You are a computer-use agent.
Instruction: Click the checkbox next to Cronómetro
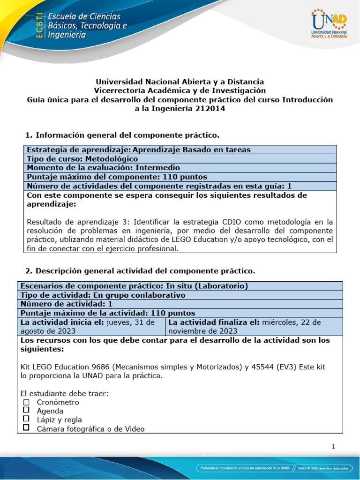coord(26,402)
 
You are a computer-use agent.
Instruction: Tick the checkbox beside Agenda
coord(26,411)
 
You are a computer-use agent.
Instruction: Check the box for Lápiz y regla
coord(26,419)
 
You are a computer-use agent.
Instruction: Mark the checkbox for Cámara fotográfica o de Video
coord(26,428)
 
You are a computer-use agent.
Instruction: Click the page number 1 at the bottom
coord(333,447)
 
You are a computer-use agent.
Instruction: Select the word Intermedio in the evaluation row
coord(157,167)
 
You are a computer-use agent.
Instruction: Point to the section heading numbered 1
coord(122,135)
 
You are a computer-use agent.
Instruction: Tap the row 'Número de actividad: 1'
coord(66,304)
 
